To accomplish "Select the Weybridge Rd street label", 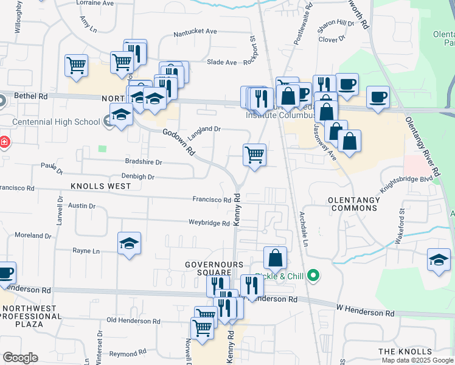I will pos(209,223).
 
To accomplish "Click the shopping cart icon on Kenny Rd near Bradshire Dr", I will pos(255,155).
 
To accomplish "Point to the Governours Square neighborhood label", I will pos(215,268).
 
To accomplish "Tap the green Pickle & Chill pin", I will pos(313,276).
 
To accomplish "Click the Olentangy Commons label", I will pos(353,204).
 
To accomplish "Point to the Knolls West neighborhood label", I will pos(101,186).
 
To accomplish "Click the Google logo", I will pos(20,357).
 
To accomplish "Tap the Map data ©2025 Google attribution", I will pos(417,360).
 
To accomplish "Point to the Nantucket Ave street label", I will pos(195,32).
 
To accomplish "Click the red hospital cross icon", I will pos(4,142).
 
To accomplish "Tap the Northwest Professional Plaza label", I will pos(31,316).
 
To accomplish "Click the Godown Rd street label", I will pos(178,142).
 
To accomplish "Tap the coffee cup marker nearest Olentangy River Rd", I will pos(378,97).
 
